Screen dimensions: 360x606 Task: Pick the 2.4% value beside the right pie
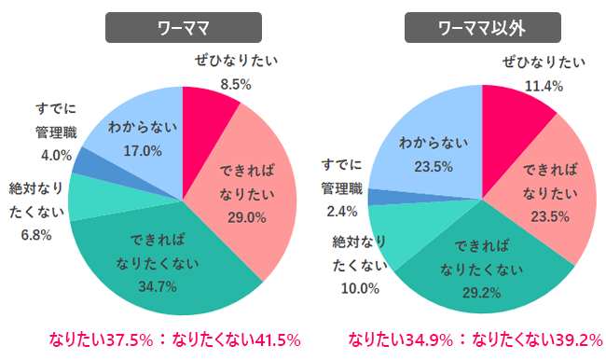click(x=337, y=211)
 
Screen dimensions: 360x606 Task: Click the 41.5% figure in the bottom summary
click(x=270, y=339)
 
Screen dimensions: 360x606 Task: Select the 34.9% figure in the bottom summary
click(x=420, y=339)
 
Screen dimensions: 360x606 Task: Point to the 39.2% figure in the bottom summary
click(x=570, y=339)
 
